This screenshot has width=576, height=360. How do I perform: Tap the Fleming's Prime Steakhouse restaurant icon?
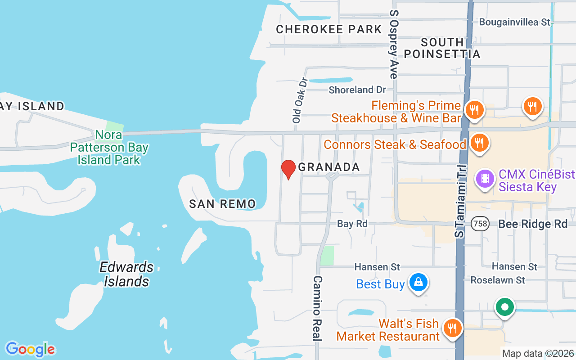point(474,109)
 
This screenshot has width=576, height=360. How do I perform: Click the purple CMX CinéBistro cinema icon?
point(485,178)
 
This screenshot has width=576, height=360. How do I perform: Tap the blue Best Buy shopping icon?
point(418,283)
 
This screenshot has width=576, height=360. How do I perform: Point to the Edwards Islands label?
point(126,274)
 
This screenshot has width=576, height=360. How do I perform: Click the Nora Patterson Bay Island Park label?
point(109,147)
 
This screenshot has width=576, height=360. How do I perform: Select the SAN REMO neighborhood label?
point(222,204)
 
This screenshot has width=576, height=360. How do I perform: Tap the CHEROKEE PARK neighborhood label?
point(329,30)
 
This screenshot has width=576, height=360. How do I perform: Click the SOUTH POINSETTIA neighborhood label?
point(442,48)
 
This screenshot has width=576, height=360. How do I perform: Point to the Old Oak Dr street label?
point(299,100)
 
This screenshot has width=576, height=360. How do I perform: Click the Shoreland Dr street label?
point(357,90)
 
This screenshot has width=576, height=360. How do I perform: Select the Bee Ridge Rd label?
point(533,224)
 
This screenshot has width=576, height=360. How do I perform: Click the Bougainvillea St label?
point(515,22)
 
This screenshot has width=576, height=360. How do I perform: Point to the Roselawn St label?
point(498,280)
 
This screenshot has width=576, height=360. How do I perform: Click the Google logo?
point(30,349)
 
